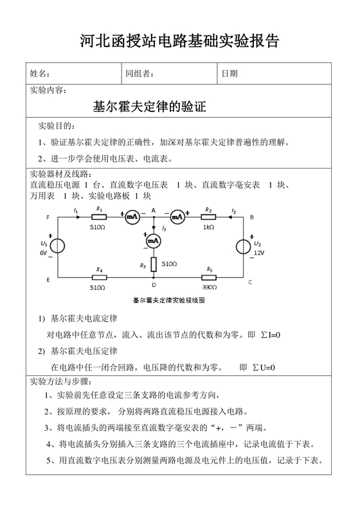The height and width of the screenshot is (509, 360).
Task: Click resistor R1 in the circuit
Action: coord(100,217)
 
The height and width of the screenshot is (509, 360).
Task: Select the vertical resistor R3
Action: coord(153,264)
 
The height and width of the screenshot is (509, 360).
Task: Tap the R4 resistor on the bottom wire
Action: coord(100,277)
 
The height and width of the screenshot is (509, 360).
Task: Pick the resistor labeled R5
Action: coord(210,277)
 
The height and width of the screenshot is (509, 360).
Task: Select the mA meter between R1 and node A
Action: coord(132,217)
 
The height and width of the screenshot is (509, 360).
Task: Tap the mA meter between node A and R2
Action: coord(177,217)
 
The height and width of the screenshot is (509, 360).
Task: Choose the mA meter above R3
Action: coord(153,241)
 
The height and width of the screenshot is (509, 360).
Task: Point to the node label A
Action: coord(153,209)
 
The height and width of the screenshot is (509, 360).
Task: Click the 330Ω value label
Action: coord(210,286)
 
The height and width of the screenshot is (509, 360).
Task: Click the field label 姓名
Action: coord(40,74)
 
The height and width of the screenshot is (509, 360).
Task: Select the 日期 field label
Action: coord(230,74)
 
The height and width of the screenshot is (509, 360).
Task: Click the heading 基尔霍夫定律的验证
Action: coord(150,106)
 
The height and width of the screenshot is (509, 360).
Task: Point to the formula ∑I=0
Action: coord(269,335)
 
